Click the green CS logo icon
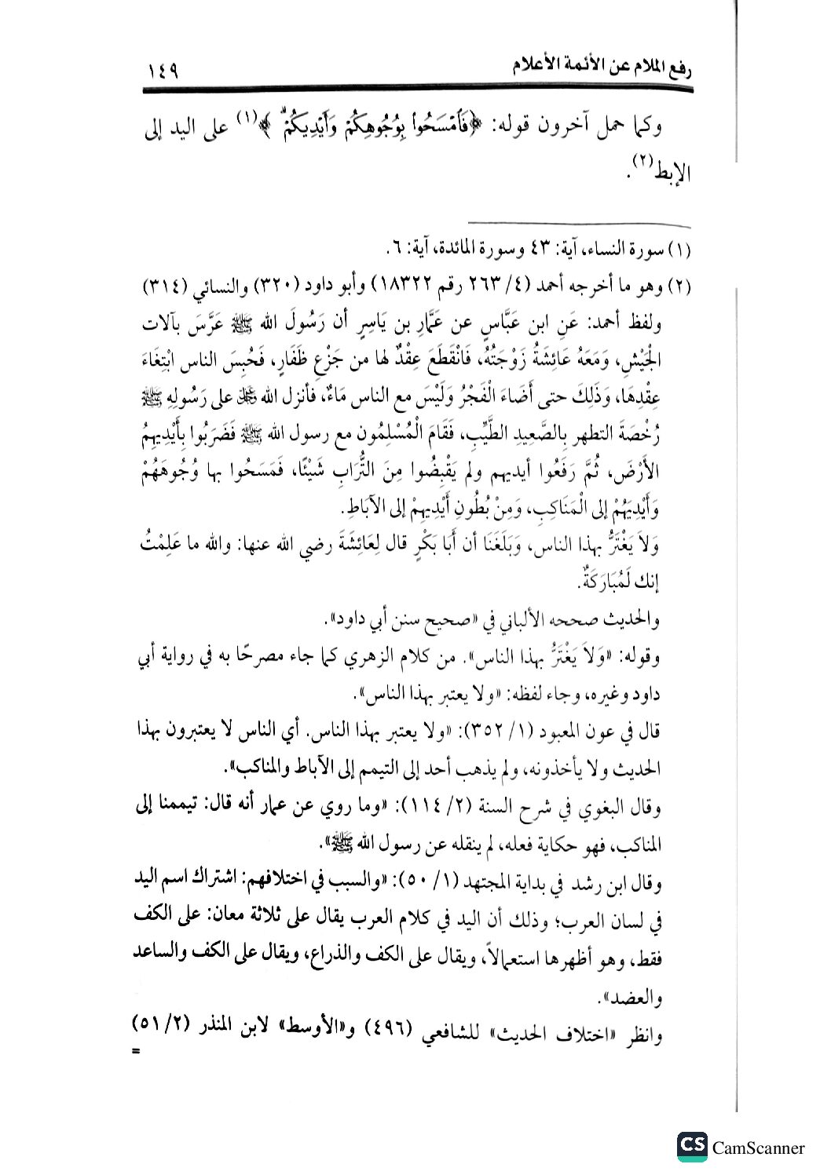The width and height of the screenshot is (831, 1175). tap(691, 1147)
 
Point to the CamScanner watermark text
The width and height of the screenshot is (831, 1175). tap(759, 1148)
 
